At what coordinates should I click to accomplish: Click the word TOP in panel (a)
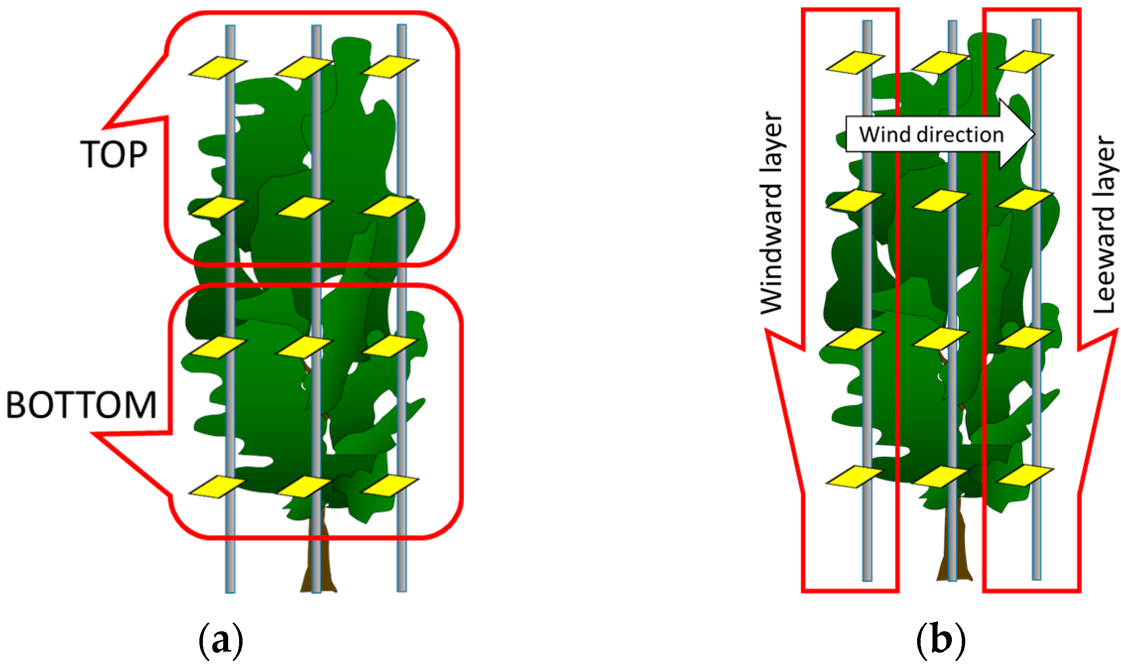click(x=114, y=154)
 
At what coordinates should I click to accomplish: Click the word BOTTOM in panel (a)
click(x=81, y=405)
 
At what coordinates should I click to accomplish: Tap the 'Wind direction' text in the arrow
click(x=931, y=135)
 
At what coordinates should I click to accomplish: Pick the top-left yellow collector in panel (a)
click(x=218, y=67)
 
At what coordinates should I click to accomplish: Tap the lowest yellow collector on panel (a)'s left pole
click(x=218, y=487)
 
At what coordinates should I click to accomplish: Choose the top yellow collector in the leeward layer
click(x=1025, y=61)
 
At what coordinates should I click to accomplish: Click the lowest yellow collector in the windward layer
click(x=855, y=476)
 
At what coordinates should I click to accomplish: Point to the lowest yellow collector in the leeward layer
click(x=1025, y=476)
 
